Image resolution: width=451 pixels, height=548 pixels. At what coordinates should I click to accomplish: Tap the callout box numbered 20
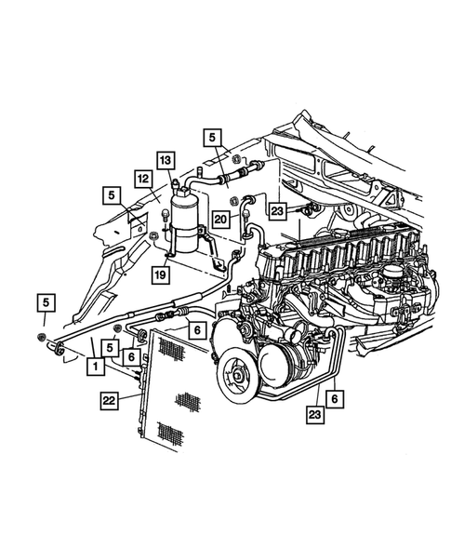(219, 219)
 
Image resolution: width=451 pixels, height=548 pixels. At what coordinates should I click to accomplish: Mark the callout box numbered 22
(111, 401)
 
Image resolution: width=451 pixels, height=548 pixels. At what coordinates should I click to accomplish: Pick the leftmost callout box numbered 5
(43, 302)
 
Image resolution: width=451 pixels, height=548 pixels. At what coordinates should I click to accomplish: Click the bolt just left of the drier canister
(164, 217)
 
